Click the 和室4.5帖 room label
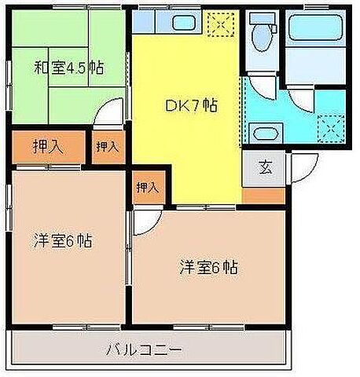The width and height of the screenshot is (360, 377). click(68, 67)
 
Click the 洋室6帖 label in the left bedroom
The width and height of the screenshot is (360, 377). click(62, 240)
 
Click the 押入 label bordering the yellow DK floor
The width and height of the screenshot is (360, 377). click(146, 187)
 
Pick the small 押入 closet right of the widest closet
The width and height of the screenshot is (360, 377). click(107, 147)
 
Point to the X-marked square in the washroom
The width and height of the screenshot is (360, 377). click(334, 126)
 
